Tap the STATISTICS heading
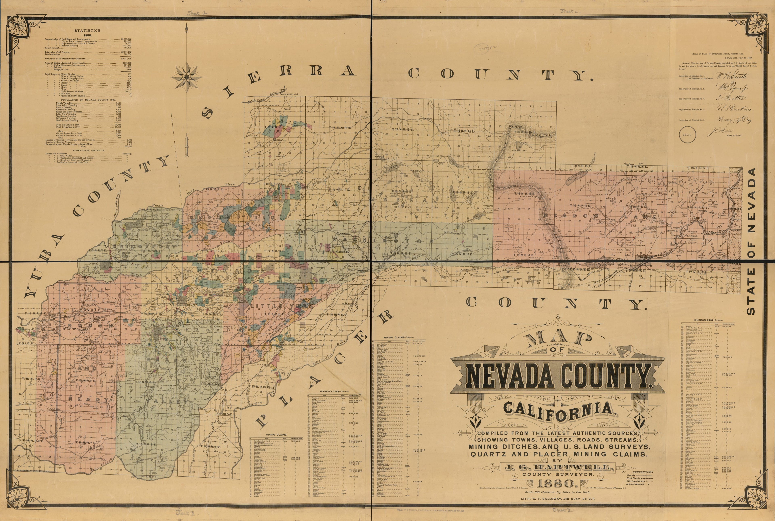[88, 30]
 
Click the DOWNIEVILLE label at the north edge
[290, 94]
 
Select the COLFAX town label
[226, 414]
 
